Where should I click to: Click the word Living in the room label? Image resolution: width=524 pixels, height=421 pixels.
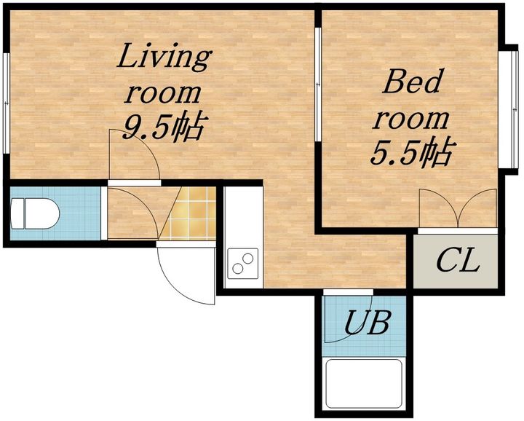tap(164, 58)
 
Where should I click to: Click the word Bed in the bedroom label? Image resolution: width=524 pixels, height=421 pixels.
tap(411, 81)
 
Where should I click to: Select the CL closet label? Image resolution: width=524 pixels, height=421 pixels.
tap(458, 261)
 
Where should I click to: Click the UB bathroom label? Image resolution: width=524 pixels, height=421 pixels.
tap(367, 323)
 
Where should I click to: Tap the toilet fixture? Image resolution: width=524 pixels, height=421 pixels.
tap(35, 213)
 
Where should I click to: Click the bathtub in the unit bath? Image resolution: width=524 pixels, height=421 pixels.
tap(364, 384)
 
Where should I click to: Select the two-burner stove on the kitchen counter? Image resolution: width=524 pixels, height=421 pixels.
tap(243, 264)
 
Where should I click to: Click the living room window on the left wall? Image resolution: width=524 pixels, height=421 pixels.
tap(6, 103)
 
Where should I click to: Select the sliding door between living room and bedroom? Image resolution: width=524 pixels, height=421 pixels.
tap(318, 84)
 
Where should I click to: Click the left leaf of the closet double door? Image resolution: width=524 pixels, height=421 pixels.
tap(439, 208)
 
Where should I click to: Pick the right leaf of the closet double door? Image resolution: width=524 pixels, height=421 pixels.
tap(478, 208)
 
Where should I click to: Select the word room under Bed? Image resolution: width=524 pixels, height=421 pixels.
tap(410, 119)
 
